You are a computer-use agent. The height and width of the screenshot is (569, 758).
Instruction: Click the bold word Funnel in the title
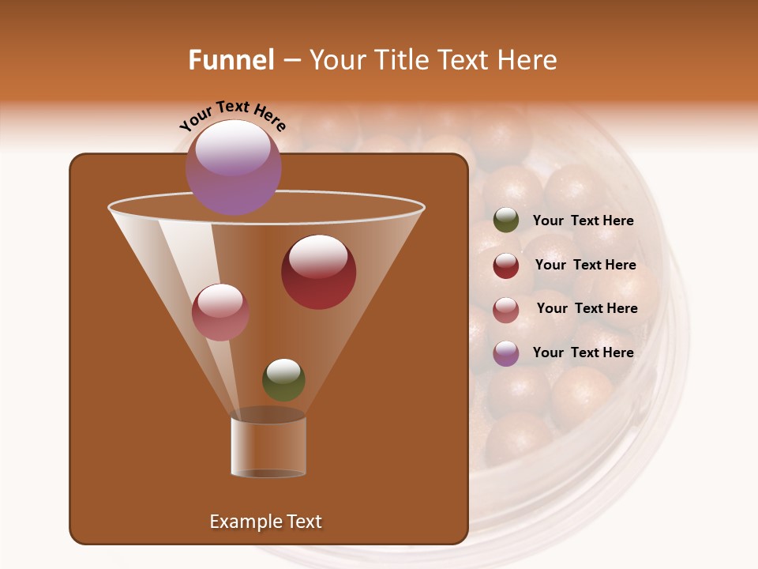231,60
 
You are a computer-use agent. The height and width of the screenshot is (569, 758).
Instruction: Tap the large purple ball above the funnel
233,168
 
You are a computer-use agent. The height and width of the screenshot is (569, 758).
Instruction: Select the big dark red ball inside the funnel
318,273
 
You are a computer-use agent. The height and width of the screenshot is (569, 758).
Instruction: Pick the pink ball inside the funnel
220,312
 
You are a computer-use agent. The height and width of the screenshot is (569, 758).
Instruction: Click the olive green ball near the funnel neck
283,380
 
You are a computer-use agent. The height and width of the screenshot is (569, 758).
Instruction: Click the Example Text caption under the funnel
265,522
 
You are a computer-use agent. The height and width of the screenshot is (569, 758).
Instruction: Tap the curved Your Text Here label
233,116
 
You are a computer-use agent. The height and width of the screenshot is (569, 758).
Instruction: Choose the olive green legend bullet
506,220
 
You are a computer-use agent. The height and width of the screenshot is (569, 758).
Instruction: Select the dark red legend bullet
506,266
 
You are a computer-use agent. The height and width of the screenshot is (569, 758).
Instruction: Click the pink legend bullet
506,309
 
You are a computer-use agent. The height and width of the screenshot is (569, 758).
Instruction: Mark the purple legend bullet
506,353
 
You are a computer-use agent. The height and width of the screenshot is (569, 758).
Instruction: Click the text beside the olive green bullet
583,221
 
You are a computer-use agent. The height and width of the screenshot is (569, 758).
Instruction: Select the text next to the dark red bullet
585,266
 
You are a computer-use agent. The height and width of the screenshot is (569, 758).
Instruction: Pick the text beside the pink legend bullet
587,309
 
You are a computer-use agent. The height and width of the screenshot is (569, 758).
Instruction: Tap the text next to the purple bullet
583,352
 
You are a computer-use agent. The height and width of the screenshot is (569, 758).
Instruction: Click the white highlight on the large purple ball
233,149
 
